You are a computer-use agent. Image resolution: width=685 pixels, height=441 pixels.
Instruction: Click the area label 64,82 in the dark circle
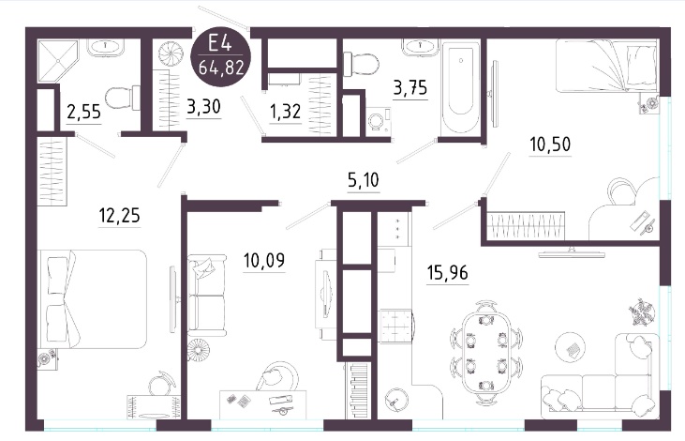click(221, 68)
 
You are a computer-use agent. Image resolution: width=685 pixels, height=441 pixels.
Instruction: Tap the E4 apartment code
click(219, 44)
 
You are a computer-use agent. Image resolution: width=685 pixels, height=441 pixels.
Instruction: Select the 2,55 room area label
click(84, 112)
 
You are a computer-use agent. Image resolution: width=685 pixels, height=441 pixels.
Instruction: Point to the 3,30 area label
click(203, 107)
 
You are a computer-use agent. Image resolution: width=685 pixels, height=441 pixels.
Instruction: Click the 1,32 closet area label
click(285, 112)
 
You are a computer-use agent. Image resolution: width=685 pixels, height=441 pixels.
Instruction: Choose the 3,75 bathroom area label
click(410, 88)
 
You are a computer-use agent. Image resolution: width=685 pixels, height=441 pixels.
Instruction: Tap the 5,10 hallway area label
click(364, 180)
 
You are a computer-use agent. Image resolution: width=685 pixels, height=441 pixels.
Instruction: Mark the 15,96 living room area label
click(447, 273)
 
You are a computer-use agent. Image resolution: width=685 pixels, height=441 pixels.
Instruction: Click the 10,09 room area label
click(264, 261)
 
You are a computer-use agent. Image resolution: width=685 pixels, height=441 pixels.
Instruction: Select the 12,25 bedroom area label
click(120, 216)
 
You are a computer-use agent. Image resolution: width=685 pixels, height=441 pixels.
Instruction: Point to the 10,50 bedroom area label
click(550, 144)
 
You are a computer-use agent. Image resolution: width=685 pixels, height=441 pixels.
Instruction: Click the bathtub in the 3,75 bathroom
click(461, 87)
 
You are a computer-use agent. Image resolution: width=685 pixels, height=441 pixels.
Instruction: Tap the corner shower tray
click(58, 61)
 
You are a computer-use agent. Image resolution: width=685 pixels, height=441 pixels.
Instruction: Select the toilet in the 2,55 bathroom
click(123, 98)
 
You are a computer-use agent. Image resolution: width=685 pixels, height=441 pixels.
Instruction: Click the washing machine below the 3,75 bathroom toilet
click(378, 121)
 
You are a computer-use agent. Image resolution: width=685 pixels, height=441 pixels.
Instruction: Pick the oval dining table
click(486, 353)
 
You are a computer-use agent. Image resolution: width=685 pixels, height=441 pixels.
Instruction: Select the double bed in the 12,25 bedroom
click(93, 299)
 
